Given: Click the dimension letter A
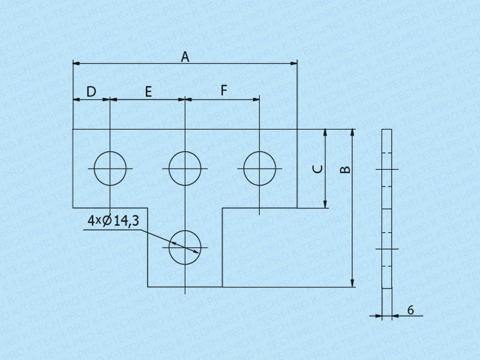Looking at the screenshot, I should pos(185,57).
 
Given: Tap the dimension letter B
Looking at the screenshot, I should pos(345,169).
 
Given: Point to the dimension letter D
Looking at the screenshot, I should pos(91,92).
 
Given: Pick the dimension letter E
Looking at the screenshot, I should pos(148,92).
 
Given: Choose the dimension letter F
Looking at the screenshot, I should pos(224,91).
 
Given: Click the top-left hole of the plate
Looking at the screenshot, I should pos(110,169).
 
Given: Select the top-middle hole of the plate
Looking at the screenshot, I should pos(185,169).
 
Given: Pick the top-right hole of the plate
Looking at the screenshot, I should pos(259,169).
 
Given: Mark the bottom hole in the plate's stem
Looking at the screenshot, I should pos(185,247).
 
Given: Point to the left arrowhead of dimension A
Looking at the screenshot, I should pos(76,62).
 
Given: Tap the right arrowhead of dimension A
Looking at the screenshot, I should pos(294,62).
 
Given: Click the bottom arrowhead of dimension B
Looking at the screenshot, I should pos(353,284).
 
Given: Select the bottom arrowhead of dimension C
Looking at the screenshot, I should pos(325,204).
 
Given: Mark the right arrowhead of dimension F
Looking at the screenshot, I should pos(256,100).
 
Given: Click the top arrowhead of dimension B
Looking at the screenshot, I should pos(353,133).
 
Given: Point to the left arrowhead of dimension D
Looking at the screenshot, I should pos(76,100).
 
